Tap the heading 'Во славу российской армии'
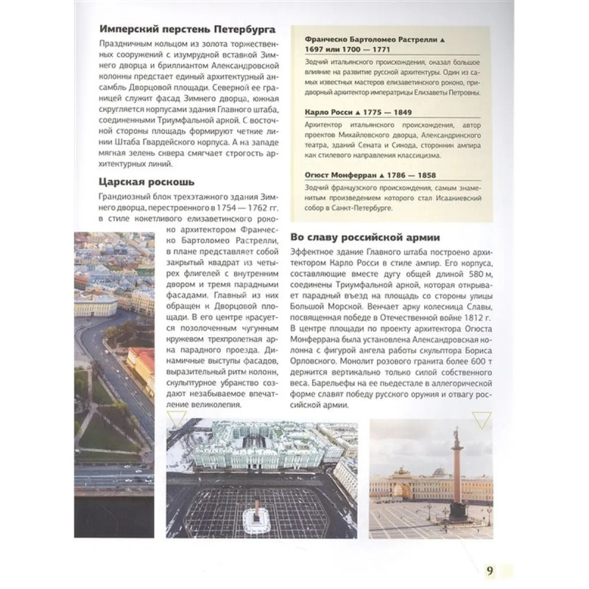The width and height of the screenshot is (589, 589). (364, 238)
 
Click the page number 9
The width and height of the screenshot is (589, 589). (491, 570)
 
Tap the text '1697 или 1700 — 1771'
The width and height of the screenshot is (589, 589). (345, 49)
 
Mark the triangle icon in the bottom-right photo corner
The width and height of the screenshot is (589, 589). (480, 422)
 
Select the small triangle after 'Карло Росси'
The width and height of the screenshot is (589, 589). (365, 113)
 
